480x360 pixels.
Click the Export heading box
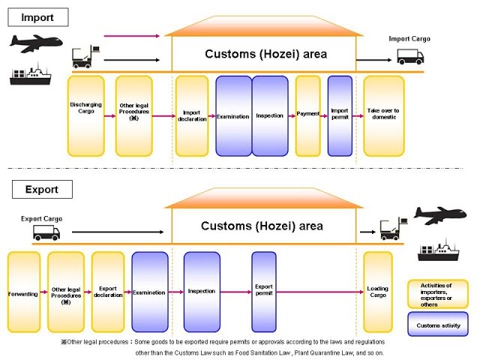pyautogui.click(x=41, y=189)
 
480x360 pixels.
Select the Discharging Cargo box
pyautogui.click(x=85, y=115)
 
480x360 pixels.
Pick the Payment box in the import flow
pyautogui.click(x=308, y=115)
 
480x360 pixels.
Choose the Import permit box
pyautogui.click(x=340, y=115)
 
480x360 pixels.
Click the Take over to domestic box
pyautogui.click(x=383, y=115)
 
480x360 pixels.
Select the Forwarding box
pyautogui.click(x=23, y=293)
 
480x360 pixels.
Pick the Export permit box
pyautogui.click(x=264, y=292)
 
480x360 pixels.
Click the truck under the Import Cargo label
pyautogui.click(x=409, y=55)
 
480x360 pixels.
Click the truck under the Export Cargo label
pyautogui.click(x=46, y=232)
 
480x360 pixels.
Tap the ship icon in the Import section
pyautogui.click(x=30, y=74)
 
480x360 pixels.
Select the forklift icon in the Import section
pyautogui.click(x=82, y=56)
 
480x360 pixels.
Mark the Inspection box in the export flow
pyautogui.click(x=201, y=292)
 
